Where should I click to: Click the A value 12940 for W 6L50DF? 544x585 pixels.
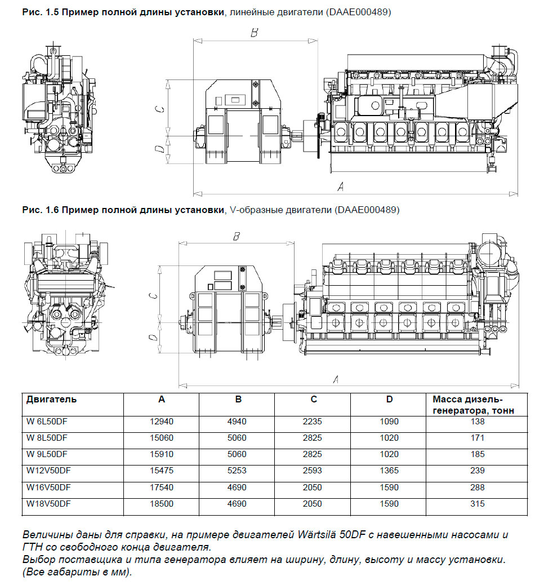point(162,422)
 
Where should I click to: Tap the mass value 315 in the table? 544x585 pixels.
point(478,504)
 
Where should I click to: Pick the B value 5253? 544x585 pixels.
point(237,471)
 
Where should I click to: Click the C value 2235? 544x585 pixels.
point(313,422)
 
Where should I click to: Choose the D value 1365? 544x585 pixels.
point(389,471)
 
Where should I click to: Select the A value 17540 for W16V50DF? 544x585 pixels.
point(162,487)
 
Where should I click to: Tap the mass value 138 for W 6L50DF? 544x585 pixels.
point(478,422)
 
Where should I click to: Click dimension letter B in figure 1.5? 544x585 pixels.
point(254,33)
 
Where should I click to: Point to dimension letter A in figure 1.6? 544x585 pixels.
point(336,379)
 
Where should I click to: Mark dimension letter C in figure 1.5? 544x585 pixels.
point(160,108)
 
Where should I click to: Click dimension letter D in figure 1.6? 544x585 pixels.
point(152,338)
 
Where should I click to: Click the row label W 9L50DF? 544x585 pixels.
point(47,454)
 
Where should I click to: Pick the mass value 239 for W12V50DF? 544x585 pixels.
point(478,471)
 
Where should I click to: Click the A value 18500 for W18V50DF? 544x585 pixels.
point(162,504)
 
